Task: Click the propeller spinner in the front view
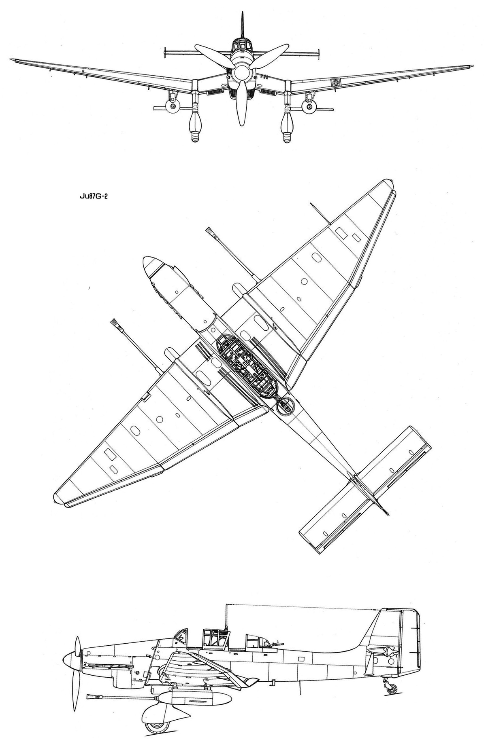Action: pos(242,73)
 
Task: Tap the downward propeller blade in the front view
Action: pos(241,103)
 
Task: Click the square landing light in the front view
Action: pos(335,82)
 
